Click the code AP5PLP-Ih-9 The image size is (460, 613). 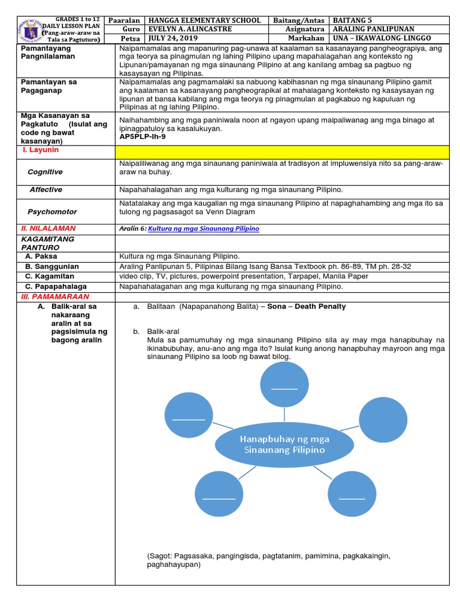click(x=146, y=136)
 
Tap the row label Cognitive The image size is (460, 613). click(x=45, y=172)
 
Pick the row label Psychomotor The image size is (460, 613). click(x=52, y=212)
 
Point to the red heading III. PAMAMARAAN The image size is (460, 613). click(x=55, y=297)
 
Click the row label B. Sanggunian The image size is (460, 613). click(x=56, y=266)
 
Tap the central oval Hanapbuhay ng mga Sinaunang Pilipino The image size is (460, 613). click(x=284, y=444)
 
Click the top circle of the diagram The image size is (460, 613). click(x=285, y=387)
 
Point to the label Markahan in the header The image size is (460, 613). click(x=307, y=38)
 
